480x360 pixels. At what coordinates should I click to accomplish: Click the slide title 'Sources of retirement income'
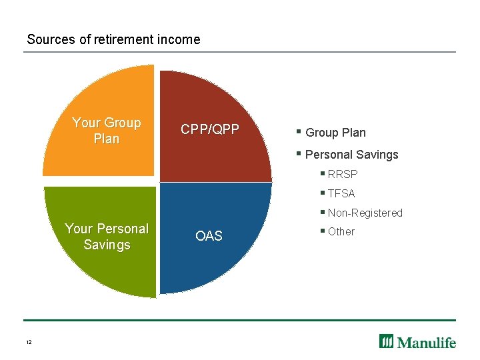pyautogui.click(x=113, y=39)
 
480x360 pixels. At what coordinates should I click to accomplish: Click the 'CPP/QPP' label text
pyautogui.click(x=209, y=129)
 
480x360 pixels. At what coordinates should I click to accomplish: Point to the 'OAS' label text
pyautogui.click(x=209, y=236)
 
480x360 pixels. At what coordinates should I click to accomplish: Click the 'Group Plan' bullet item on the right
pyautogui.click(x=335, y=133)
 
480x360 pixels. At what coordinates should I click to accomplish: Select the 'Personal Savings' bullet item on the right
pyautogui.click(x=351, y=155)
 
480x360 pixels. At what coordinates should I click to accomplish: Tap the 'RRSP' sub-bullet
pyautogui.click(x=343, y=175)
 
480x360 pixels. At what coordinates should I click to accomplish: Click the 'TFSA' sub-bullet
pyautogui.click(x=341, y=194)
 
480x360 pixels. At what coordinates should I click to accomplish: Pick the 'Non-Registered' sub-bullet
pyautogui.click(x=365, y=213)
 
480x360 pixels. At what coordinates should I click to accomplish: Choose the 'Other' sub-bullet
pyautogui.click(x=341, y=232)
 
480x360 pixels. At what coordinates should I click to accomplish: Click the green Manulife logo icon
pyautogui.click(x=387, y=341)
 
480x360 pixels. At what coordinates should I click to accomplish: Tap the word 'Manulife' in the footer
pyautogui.click(x=427, y=342)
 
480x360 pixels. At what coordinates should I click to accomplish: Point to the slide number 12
pyautogui.click(x=29, y=342)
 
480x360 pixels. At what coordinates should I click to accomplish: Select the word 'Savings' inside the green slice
pyautogui.click(x=107, y=245)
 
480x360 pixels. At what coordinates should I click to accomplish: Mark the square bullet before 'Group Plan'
pyautogui.click(x=299, y=132)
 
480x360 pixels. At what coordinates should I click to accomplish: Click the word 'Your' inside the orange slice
pyautogui.click(x=85, y=123)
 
